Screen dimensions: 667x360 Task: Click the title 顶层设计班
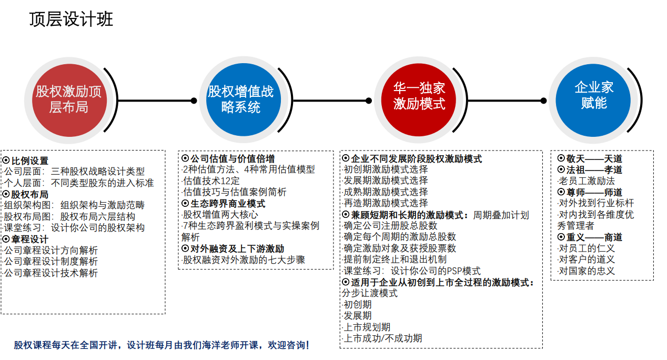coord(71,19)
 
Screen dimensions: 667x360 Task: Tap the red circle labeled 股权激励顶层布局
coord(69,101)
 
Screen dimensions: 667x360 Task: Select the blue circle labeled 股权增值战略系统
coord(243,100)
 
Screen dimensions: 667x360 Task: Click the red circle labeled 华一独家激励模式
coord(418,100)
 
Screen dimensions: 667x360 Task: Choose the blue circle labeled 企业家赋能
coord(593,100)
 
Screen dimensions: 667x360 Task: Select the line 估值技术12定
coord(211,181)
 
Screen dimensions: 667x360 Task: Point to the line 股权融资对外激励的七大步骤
coord(244,260)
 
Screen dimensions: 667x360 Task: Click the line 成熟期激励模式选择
coord(385,192)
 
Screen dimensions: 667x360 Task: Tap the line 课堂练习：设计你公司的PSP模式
coord(411,271)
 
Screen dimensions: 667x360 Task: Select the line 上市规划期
coord(367,327)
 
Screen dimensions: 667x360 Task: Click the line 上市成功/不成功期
coord(382,338)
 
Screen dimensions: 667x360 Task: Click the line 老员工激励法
coord(587,181)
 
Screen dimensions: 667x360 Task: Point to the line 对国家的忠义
coord(587,271)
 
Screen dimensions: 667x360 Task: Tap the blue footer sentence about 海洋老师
coord(161,345)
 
